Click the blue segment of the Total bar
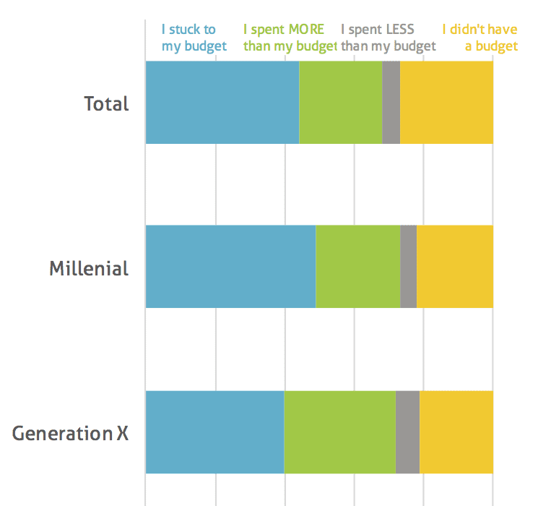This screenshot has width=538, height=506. click(x=222, y=103)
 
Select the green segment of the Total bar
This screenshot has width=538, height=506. click(x=340, y=103)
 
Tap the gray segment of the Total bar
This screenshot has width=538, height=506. click(x=391, y=103)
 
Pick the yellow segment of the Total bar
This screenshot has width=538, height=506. click(x=446, y=103)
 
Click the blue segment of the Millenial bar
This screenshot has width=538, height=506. click(x=230, y=267)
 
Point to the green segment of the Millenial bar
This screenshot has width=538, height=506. click(x=357, y=267)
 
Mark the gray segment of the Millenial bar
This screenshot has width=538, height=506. click(x=408, y=267)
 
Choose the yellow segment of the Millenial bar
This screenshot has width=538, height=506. click(x=455, y=267)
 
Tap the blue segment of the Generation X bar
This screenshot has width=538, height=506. click(x=214, y=432)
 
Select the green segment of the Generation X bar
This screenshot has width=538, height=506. click(x=339, y=432)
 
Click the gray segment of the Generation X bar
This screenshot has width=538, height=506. click(x=407, y=432)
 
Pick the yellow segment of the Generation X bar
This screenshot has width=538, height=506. click(x=456, y=432)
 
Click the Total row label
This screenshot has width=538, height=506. click(x=106, y=103)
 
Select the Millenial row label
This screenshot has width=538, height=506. click(x=89, y=269)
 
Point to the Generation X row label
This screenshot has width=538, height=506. click(x=70, y=434)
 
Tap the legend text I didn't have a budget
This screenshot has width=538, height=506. click(x=480, y=38)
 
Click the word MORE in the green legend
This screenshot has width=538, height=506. click(x=306, y=30)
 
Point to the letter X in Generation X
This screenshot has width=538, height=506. click(x=123, y=434)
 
